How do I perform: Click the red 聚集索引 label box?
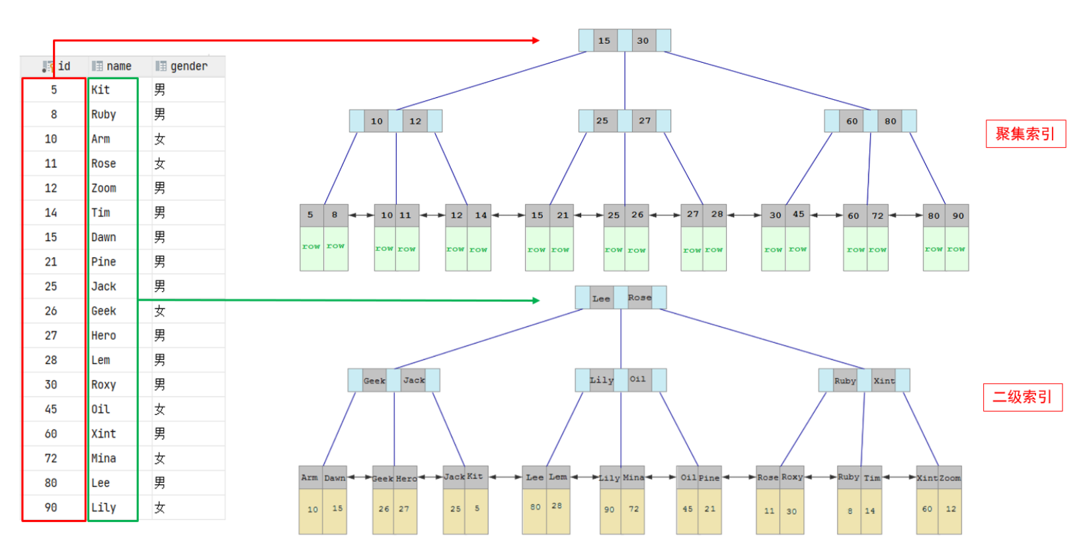pyautogui.click(x=1025, y=134)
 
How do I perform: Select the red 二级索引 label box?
pyautogui.click(x=1022, y=397)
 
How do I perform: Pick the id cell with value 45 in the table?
pyautogui.click(x=51, y=410)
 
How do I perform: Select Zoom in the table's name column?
pyautogui.click(x=104, y=188)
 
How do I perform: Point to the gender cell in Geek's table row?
pyautogui.click(x=160, y=311)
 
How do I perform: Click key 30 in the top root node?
pyautogui.click(x=643, y=40)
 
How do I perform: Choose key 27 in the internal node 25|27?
pyautogui.click(x=645, y=121)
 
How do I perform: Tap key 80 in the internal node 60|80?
pyautogui.click(x=891, y=121)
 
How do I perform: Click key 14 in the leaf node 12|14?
pyautogui.click(x=481, y=215)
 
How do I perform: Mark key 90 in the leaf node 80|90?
pyautogui.click(x=958, y=215)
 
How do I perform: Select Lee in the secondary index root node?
pyautogui.click(x=601, y=299)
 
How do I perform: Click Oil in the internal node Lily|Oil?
pyautogui.click(x=637, y=380)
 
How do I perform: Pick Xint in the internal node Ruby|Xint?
pyautogui.click(x=884, y=381)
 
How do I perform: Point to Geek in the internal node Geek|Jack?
pyautogui.click(x=374, y=381)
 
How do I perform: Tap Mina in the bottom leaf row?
pyautogui.click(x=633, y=478)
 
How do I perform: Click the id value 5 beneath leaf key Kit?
pyautogui.click(x=477, y=509)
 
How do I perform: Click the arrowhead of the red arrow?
pyautogui.click(x=536, y=40)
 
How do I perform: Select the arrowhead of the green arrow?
pyautogui.click(x=536, y=301)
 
